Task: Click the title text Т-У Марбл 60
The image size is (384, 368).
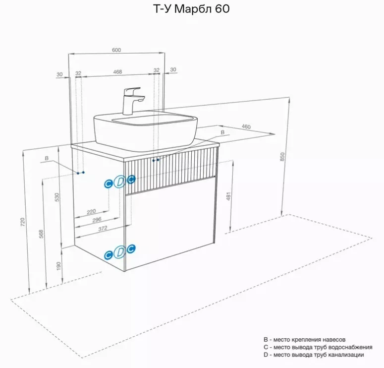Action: point(191,9)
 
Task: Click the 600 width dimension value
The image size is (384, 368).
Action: point(116,50)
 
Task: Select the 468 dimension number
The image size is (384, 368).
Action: point(117,72)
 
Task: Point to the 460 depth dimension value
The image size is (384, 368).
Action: point(246,126)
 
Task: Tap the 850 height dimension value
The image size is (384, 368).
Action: point(282,157)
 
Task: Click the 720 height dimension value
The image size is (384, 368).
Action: point(22,222)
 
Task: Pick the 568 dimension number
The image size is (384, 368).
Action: point(41,234)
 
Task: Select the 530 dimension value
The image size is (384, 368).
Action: point(57,197)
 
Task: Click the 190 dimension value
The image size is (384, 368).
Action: point(58,266)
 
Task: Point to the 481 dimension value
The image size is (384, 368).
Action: point(228,196)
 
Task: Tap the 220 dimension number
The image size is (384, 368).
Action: point(91,211)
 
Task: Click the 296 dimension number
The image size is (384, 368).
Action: point(97,220)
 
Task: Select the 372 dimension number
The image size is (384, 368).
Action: point(103,228)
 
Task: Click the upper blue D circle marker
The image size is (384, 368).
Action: point(120,182)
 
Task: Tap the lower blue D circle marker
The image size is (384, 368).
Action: point(120,252)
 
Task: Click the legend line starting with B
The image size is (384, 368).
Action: point(304,340)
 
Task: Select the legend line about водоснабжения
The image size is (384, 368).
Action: point(318,347)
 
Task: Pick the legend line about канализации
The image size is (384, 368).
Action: point(314,355)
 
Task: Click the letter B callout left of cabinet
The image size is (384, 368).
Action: point(47,158)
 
